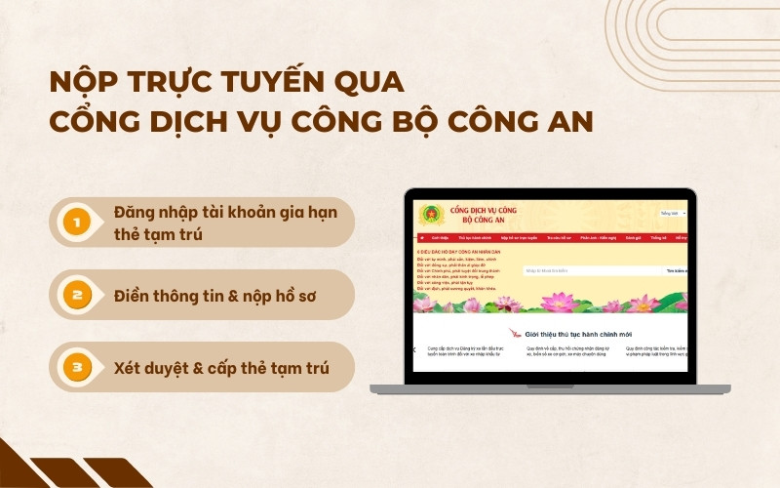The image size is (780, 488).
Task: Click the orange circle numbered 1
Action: pos(76,223)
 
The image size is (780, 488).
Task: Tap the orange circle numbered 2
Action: pos(76,295)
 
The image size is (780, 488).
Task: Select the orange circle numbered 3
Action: pos(76,367)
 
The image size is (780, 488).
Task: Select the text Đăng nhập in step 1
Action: pos(152,212)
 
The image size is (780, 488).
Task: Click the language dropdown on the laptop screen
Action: pos(673,212)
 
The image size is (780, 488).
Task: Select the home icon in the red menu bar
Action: pos(421,237)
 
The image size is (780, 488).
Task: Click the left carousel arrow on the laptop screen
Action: pos(413,349)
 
